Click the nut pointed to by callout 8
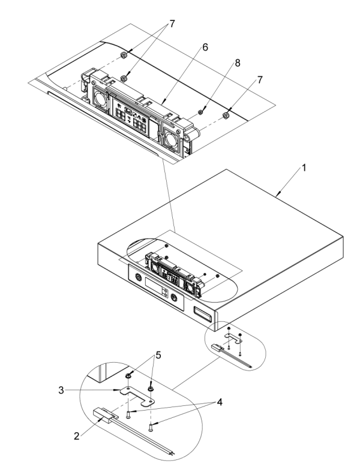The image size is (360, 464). (x=201, y=110)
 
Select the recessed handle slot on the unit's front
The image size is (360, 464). (x=202, y=312)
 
